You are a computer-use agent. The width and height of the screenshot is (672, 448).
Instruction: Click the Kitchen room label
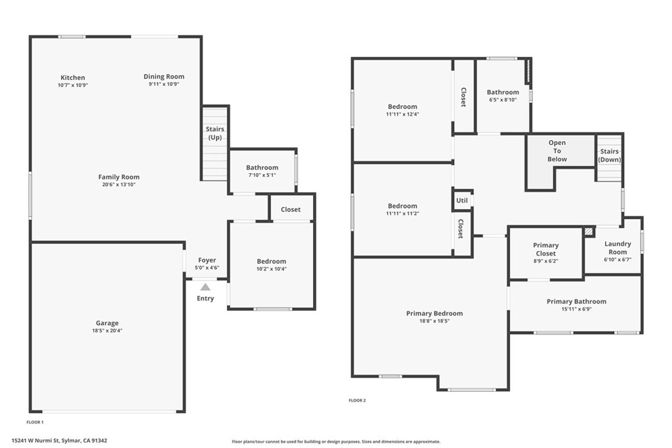click(x=72, y=77)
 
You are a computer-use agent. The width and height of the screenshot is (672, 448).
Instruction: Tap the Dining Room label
click(x=163, y=77)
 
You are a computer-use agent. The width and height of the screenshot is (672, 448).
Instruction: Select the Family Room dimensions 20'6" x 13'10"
click(x=119, y=184)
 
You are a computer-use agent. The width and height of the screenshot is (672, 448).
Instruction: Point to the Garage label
click(x=107, y=323)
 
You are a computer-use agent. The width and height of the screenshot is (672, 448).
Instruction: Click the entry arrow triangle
click(x=205, y=287)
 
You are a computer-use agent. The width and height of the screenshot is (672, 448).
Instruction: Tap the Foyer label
click(x=207, y=260)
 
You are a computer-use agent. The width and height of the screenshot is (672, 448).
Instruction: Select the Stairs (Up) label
click(x=215, y=133)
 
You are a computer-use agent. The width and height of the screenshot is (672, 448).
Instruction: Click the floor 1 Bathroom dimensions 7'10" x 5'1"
click(x=262, y=175)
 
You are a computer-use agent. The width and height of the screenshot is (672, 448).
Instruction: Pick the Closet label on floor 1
click(x=291, y=209)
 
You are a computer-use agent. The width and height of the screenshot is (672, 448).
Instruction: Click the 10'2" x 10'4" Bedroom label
click(x=271, y=261)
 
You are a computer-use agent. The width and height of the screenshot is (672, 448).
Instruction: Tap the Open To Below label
click(x=557, y=151)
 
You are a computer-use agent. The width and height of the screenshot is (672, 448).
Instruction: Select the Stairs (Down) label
click(x=609, y=155)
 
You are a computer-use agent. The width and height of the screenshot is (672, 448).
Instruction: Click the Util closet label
click(x=462, y=201)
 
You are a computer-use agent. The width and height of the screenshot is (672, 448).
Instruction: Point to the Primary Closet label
click(x=545, y=249)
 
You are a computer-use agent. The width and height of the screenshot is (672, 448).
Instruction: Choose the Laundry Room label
click(x=617, y=247)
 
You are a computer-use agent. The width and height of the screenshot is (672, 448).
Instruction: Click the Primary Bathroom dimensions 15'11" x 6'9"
click(x=576, y=309)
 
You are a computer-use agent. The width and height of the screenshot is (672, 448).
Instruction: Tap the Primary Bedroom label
click(x=434, y=314)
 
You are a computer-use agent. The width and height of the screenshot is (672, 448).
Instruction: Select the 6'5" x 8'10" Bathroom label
click(x=503, y=92)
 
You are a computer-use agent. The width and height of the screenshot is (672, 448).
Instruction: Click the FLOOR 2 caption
click(x=357, y=400)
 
